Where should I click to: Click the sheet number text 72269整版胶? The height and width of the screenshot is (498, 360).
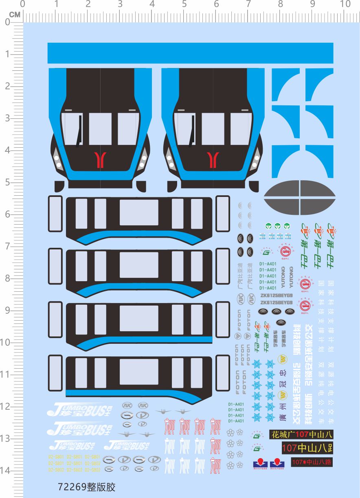(87, 487)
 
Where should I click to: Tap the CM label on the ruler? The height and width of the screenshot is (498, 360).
(15, 15)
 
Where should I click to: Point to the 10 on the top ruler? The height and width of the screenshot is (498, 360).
(345, 4)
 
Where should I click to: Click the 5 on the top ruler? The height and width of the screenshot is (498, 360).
(184, 4)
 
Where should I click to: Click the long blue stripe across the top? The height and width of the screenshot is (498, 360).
(190, 53)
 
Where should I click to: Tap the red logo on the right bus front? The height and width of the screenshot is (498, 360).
(213, 159)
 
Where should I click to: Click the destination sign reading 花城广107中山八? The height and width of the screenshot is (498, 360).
(301, 434)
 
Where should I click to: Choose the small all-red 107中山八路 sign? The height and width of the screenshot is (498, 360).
(312, 462)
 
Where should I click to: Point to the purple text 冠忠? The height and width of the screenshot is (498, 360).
(284, 376)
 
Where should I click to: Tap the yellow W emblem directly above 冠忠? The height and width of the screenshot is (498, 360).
(283, 359)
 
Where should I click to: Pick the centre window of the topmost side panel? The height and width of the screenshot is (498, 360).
(139, 212)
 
